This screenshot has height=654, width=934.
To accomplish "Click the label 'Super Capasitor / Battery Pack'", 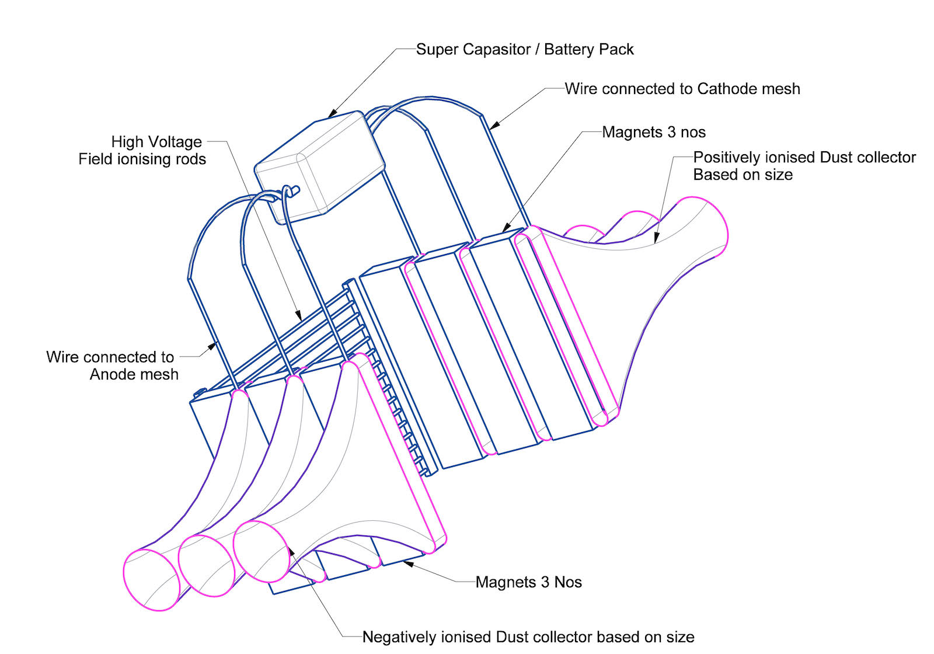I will click(524, 50).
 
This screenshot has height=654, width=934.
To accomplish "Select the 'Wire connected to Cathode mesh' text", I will click(682, 89).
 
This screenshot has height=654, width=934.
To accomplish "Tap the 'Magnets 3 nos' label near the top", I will click(654, 133).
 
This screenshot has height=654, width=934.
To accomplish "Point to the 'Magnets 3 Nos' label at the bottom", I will click(528, 582).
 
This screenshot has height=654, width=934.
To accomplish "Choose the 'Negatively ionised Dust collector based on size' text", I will click(528, 637).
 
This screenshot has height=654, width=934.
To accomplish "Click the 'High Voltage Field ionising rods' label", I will click(142, 151).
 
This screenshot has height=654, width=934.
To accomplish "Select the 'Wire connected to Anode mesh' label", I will click(111, 366).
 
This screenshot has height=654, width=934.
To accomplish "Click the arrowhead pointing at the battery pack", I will click(332, 114).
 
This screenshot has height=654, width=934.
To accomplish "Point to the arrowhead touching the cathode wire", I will click(493, 125).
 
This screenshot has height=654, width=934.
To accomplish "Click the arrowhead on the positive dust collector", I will click(656, 238).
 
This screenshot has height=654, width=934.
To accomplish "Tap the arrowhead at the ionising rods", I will click(298, 316).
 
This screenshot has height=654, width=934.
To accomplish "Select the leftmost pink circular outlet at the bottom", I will click(152, 580).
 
